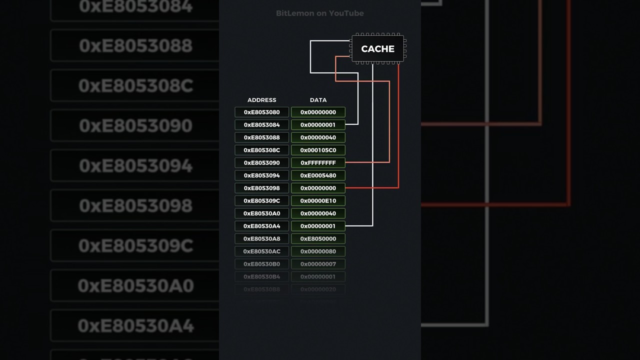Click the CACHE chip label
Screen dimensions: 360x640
click(377, 49)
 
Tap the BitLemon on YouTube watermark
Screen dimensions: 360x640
click(319, 13)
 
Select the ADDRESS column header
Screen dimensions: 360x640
click(261, 100)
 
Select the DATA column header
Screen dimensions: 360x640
click(318, 100)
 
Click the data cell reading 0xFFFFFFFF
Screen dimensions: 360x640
click(318, 163)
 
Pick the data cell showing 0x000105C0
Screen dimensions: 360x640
click(318, 150)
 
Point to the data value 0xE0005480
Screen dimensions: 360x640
click(318, 175)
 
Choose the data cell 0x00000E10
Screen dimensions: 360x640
click(318, 201)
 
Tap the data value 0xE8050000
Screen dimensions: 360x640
click(318, 239)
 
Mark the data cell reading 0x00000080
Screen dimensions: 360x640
click(318, 251)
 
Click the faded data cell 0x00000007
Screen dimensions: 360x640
click(318, 264)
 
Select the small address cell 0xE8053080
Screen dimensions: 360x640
click(261, 112)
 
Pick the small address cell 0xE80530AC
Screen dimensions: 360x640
click(261, 251)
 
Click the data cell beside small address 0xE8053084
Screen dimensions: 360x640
click(318, 125)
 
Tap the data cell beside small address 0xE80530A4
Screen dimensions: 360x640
click(318, 226)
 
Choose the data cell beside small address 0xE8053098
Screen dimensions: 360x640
click(318, 188)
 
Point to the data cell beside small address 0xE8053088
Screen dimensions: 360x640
click(318, 137)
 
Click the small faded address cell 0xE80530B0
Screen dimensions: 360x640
click(261, 264)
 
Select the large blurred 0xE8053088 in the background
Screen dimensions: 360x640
click(135, 46)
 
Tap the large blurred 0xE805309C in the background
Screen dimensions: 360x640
click(135, 245)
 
